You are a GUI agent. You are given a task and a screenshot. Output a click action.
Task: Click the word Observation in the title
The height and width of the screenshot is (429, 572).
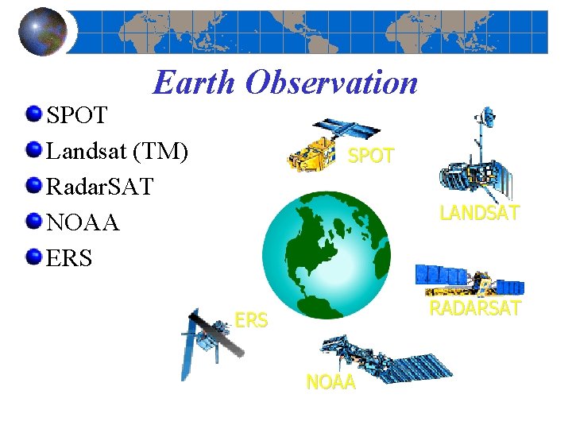pyautogui.click(x=332, y=82)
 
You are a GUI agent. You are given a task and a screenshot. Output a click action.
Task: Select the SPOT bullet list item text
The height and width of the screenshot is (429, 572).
pyautogui.click(x=77, y=116)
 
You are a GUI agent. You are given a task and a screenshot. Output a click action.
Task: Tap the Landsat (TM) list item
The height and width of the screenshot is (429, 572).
pyautogui.click(x=118, y=151)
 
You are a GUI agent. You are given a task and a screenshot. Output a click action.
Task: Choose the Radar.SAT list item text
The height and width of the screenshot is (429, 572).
pyautogui.click(x=100, y=187)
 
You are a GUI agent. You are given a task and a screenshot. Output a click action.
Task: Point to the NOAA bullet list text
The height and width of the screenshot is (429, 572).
pyautogui.click(x=83, y=222)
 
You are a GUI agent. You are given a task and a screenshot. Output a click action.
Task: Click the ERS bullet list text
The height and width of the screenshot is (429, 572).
pyautogui.click(x=70, y=258)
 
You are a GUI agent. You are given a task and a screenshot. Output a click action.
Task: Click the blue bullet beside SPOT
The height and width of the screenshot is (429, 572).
pyautogui.click(x=33, y=114)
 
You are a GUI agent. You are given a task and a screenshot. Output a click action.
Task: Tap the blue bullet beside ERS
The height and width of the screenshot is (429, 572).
pyautogui.click(x=33, y=256)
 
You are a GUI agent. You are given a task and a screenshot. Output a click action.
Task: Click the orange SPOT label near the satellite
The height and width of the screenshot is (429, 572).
pyautogui.click(x=371, y=157)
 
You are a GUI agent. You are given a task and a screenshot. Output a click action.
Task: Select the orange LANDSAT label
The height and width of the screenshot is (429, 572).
pyautogui.click(x=480, y=213)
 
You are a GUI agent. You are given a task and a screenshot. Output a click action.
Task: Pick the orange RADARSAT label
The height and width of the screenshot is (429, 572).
pyautogui.click(x=475, y=308)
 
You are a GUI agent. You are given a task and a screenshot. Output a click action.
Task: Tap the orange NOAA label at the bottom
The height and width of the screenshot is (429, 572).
pyautogui.click(x=331, y=382)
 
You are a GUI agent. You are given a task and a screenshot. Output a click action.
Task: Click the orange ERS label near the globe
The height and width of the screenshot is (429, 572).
pyautogui.click(x=251, y=320)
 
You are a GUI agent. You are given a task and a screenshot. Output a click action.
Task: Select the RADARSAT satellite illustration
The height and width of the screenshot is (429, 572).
pyautogui.click(x=469, y=280)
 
